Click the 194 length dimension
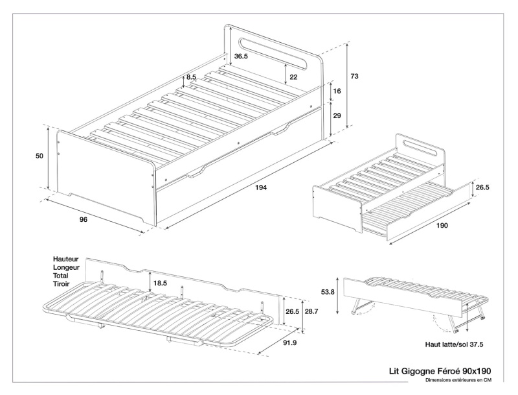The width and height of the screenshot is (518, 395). (x=261, y=188)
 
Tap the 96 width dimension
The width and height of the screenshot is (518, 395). (x=84, y=220)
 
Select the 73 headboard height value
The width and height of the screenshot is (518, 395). (x=354, y=76)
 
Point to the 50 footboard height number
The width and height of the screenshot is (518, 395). (x=39, y=156)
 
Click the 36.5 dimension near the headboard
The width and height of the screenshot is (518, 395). (x=242, y=56)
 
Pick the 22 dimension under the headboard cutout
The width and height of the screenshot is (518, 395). (x=293, y=77)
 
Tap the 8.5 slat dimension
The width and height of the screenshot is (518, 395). (x=191, y=77)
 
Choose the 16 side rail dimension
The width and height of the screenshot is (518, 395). (x=336, y=92)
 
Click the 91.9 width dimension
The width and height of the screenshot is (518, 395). (x=289, y=343)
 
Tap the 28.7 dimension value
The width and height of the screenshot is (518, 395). (x=312, y=312)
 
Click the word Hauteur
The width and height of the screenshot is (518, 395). (x=67, y=257)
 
